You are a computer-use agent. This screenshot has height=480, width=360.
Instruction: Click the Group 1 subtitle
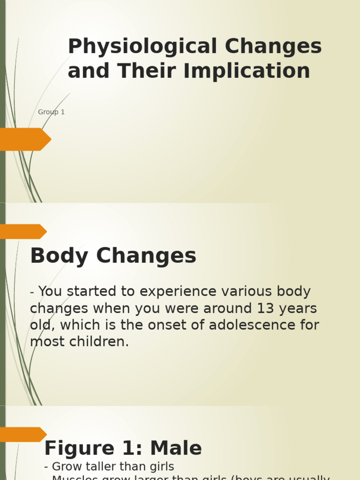pos(51,112)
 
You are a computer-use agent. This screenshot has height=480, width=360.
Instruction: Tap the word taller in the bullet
pos(97,467)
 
